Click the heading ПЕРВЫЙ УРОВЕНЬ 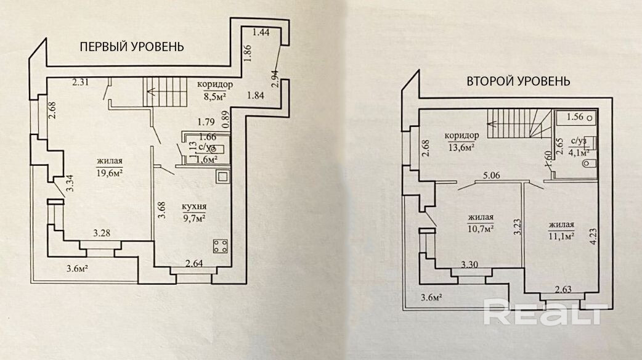pyautogui.click(x=131, y=47)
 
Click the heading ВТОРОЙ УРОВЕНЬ pyautogui.click(x=518, y=81)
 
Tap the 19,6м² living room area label pyautogui.click(x=109, y=168)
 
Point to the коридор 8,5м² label pyautogui.click(x=214, y=90)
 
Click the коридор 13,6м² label pyautogui.click(x=461, y=140)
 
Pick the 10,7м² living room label pyautogui.click(x=481, y=223)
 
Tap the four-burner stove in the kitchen pyautogui.click(x=220, y=247)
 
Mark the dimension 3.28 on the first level pyautogui.click(x=102, y=234)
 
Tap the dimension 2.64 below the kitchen pyautogui.click(x=194, y=266)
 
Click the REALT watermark pyautogui.click(x=543, y=313)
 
